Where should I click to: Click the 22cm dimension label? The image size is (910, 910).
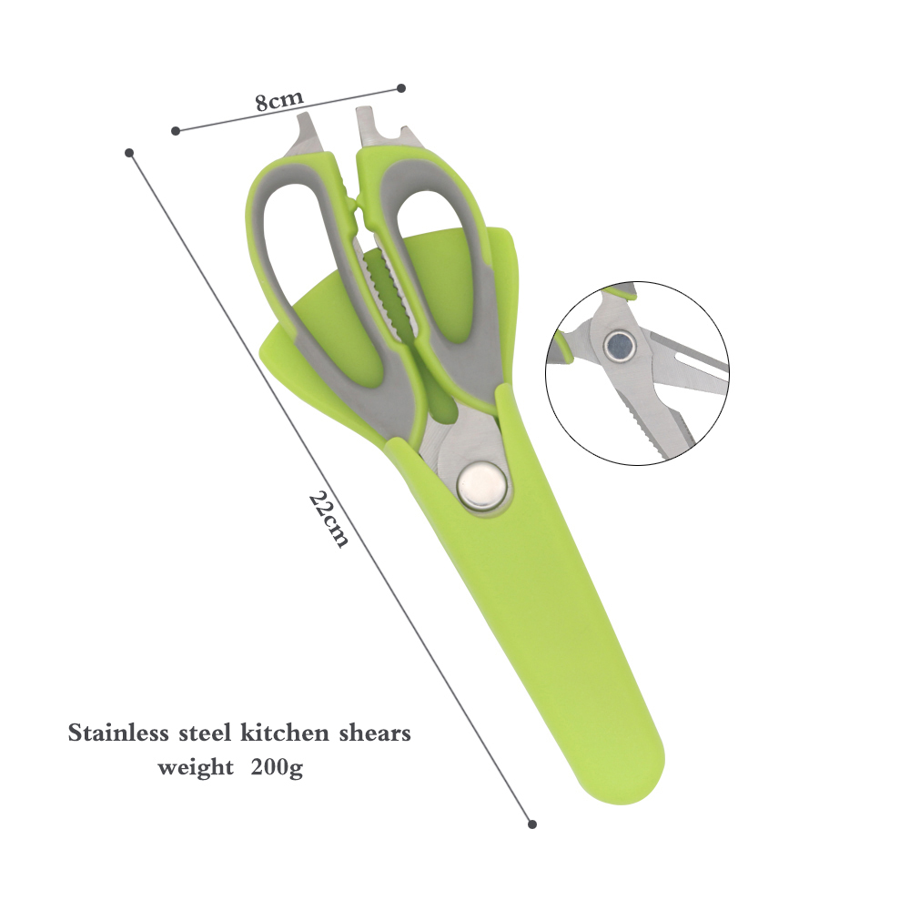[329, 519]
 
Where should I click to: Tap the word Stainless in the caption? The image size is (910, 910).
[118, 733]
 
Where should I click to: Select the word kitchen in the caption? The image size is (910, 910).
[284, 733]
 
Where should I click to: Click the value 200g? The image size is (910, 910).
[277, 768]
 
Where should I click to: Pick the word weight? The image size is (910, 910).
[196, 768]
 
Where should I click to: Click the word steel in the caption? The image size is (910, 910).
[205, 733]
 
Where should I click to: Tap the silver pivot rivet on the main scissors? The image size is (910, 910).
[481, 485]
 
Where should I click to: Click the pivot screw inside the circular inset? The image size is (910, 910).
[620, 347]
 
